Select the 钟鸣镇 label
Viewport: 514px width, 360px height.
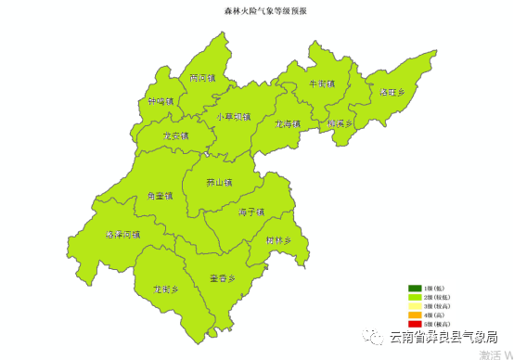point(161,102)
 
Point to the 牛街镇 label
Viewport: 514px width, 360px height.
point(321,84)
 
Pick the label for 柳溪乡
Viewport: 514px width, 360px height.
point(341,122)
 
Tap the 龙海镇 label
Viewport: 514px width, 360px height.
point(288,122)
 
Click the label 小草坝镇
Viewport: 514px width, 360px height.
point(233,117)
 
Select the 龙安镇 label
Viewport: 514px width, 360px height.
point(174,136)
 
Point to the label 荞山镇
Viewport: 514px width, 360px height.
point(219,183)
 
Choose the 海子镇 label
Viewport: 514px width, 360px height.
point(251,212)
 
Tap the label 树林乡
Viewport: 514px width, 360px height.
point(278,240)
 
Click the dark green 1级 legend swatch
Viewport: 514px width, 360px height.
point(415,289)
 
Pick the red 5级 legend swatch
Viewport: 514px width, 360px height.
point(415,323)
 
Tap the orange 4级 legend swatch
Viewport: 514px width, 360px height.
point(415,315)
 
